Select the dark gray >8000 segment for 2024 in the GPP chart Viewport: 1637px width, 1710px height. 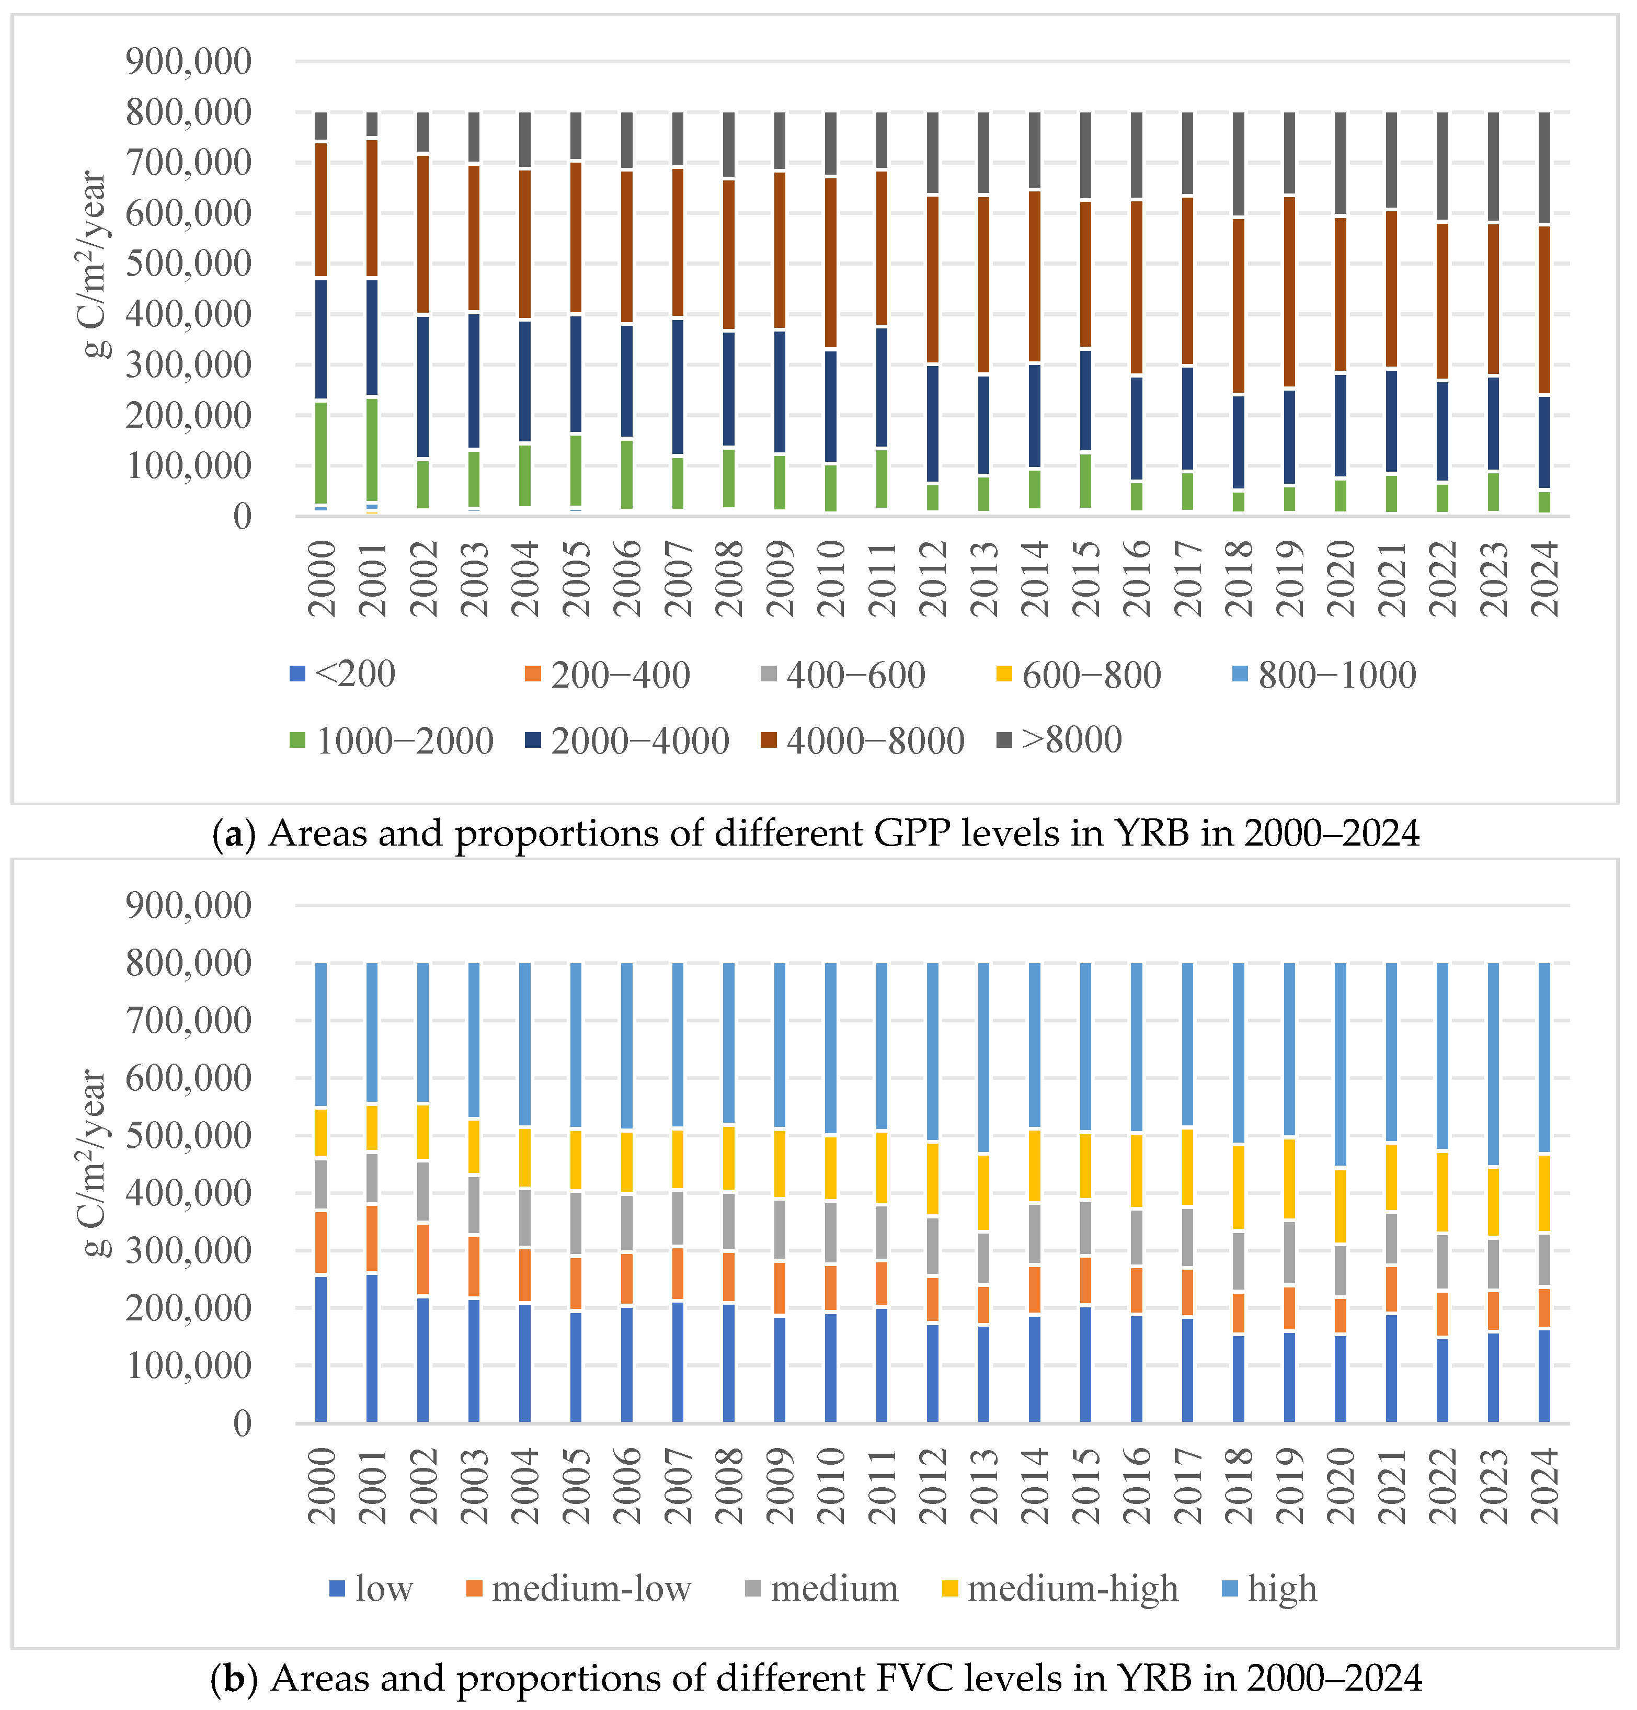pyautogui.click(x=1544, y=167)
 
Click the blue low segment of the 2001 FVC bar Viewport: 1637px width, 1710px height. pyautogui.click(x=372, y=1348)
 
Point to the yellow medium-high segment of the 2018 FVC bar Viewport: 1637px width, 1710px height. pyautogui.click(x=1239, y=1187)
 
